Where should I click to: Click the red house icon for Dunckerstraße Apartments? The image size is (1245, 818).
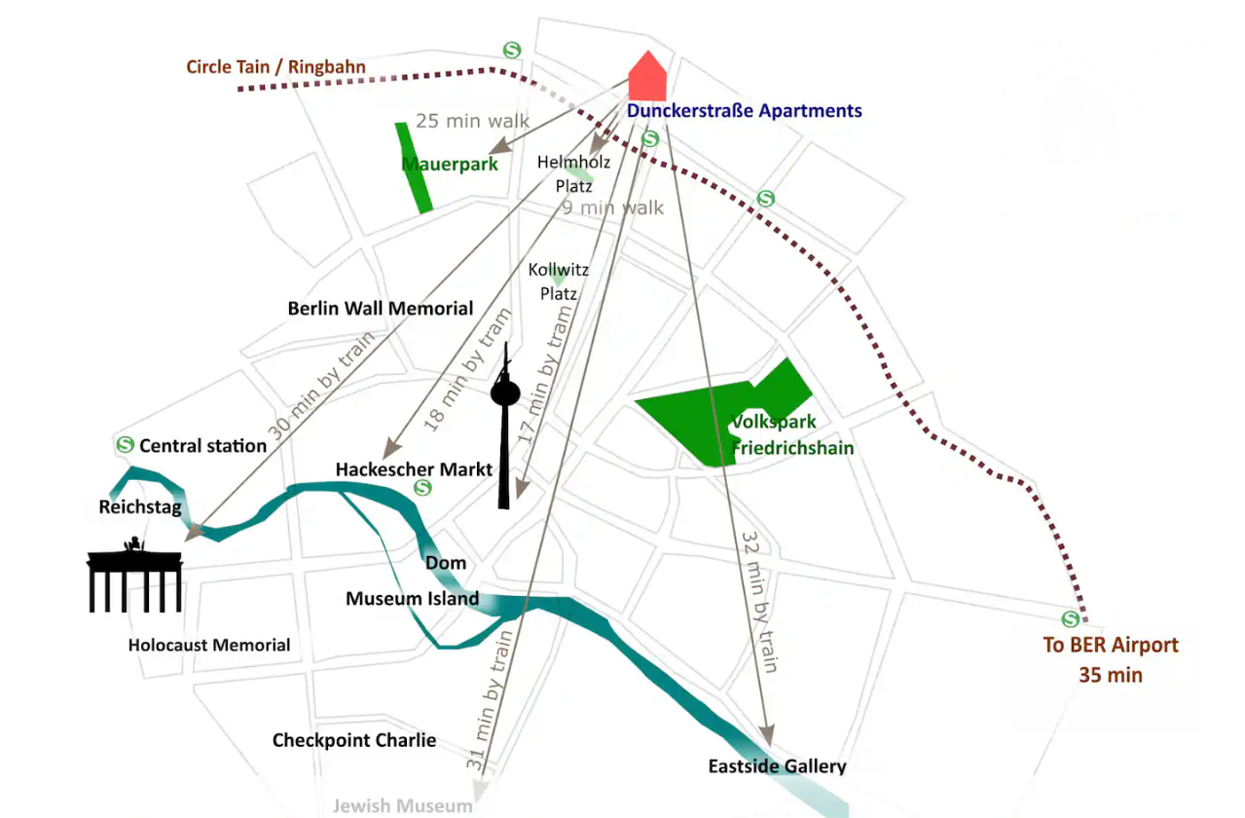click(647, 78)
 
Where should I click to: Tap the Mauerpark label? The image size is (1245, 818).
click(450, 164)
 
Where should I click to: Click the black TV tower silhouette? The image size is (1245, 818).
click(504, 428)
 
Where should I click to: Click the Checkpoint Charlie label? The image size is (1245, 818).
click(354, 740)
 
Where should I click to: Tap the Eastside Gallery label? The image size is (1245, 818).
click(777, 766)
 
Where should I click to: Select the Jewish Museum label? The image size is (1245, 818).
click(402, 805)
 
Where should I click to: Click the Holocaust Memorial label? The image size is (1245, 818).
click(209, 645)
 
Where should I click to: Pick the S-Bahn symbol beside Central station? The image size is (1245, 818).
click(125, 445)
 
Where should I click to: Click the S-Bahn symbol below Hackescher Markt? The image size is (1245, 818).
click(422, 487)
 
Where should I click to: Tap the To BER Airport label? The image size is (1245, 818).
click(1111, 645)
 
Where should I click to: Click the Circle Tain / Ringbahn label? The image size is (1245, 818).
click(276, 67)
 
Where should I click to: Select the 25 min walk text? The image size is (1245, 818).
click(473, 121)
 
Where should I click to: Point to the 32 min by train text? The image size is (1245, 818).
click(760, 601)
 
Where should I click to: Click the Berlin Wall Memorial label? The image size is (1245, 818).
click(381, 309)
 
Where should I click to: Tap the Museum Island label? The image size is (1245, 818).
click(412, 598)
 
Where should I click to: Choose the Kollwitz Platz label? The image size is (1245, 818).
click(559, 281)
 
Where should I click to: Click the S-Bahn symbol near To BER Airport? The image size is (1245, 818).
click(1071, 618)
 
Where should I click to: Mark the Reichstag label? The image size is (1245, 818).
click(139, 507)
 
